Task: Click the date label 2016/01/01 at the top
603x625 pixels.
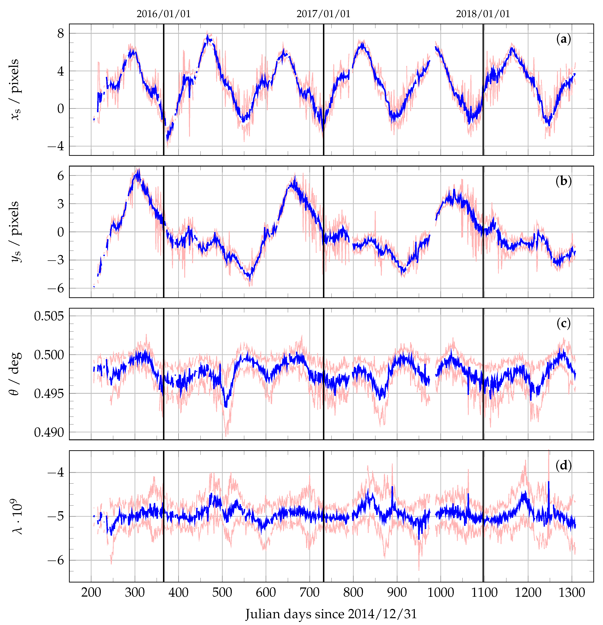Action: coord(164,14)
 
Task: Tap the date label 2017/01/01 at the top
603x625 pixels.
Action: coord(323,14)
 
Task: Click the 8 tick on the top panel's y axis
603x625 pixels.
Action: coord(61,33)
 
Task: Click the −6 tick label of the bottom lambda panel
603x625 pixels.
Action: coord(55,560)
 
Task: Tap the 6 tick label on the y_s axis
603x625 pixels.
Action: coord(61,175)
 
